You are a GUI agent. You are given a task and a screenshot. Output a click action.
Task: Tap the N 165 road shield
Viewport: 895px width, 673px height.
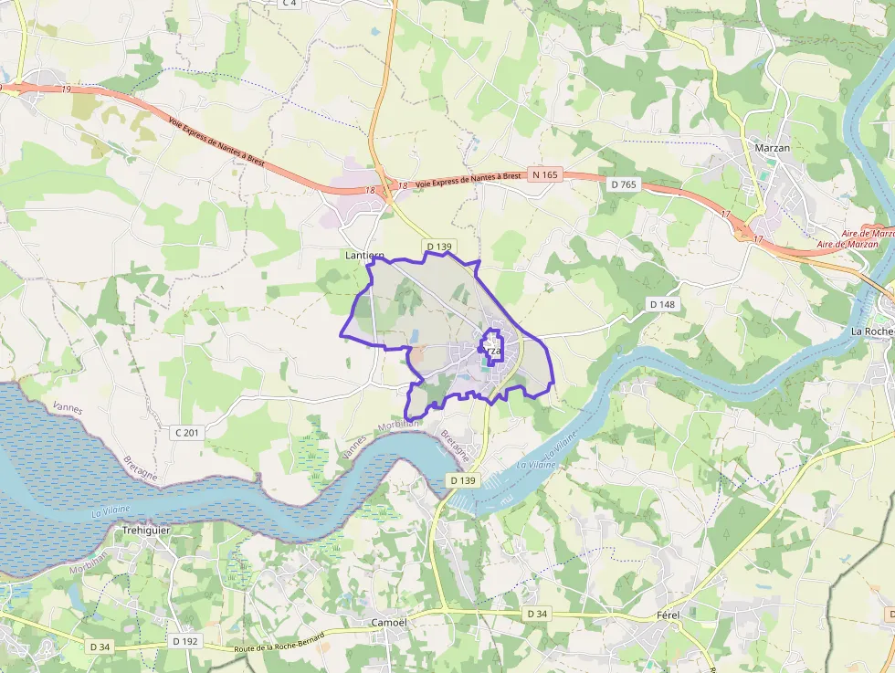coord(546,174)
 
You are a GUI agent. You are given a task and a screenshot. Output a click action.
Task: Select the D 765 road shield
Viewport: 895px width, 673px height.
coord(623,184)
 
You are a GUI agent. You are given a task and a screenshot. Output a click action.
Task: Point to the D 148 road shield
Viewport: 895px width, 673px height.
coord(662,303)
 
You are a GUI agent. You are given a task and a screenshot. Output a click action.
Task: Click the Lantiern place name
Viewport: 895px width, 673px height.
coord(363,256)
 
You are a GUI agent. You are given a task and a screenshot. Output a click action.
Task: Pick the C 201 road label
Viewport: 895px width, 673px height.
coord(187,431)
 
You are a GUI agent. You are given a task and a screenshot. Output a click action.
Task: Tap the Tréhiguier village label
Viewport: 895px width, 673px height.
coord(146,530)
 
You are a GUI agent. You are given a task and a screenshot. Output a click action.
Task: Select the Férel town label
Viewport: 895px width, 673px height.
coord(669,615)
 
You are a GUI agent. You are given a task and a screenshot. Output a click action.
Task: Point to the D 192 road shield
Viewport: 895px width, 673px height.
coord(184,641)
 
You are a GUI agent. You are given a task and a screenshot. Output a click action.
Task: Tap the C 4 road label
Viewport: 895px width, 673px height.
coord(290,4)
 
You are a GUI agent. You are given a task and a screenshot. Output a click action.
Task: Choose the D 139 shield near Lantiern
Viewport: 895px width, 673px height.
coord(439,247)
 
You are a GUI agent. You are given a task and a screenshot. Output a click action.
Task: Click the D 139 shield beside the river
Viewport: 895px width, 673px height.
coord(464,480)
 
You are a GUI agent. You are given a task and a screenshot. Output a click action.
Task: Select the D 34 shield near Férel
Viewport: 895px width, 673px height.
coord(537,614)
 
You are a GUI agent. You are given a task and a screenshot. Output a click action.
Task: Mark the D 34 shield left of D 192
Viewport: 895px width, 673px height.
coord(100,647)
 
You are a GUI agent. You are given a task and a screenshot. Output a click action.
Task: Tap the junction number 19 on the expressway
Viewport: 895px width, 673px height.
coord(67,89)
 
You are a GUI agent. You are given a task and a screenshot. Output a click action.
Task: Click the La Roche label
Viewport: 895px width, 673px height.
coord(871,331)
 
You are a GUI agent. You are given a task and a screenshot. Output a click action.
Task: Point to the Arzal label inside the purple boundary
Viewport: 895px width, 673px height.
coord(490,351)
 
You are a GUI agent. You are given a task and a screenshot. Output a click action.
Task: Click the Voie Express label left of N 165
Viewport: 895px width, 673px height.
coord(469,180)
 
